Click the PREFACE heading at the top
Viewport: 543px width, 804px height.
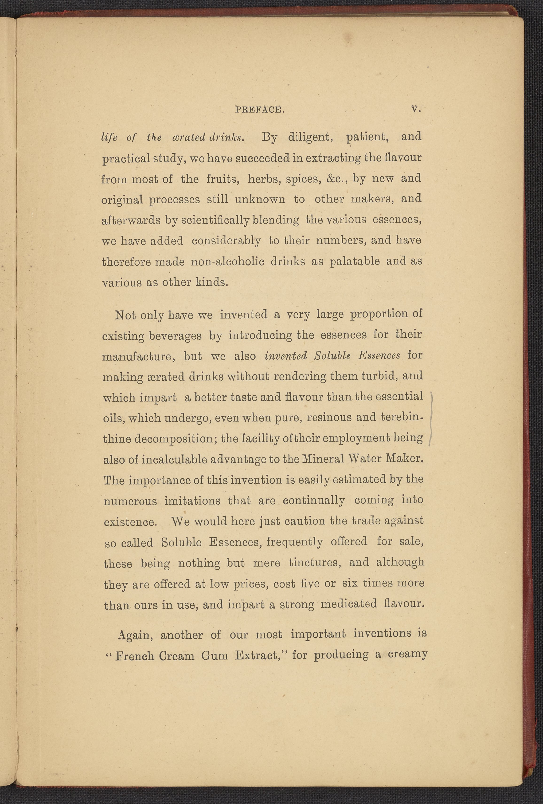(259, 110)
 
